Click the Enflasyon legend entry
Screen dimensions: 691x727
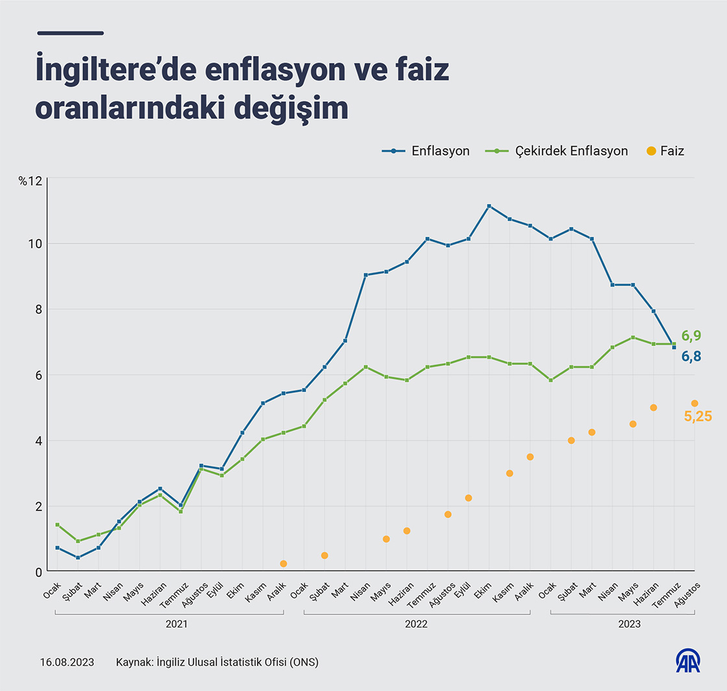coord(426,151)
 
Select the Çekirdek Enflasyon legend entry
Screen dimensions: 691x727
coord(557,151)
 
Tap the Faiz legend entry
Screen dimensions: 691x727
coord(666,151)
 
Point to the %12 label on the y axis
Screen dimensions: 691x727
coord(30,181)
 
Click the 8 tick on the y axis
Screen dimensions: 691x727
coord(38,310)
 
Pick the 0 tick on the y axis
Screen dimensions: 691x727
coord(38,572)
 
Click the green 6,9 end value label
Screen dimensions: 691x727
coord(691,336)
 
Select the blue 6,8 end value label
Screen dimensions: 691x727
coord(691,357)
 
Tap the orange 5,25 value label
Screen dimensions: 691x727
coord(698,417)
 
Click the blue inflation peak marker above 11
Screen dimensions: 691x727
coord(489,207)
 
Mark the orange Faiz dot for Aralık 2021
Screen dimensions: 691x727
coord(283,564)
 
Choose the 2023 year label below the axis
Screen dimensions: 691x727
coord(629,623)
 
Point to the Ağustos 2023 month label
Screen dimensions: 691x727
coord(689,593)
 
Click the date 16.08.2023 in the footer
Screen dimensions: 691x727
coord(67,662)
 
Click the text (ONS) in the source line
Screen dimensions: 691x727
coord(304,662)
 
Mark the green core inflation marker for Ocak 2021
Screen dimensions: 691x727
coord(57,525)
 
